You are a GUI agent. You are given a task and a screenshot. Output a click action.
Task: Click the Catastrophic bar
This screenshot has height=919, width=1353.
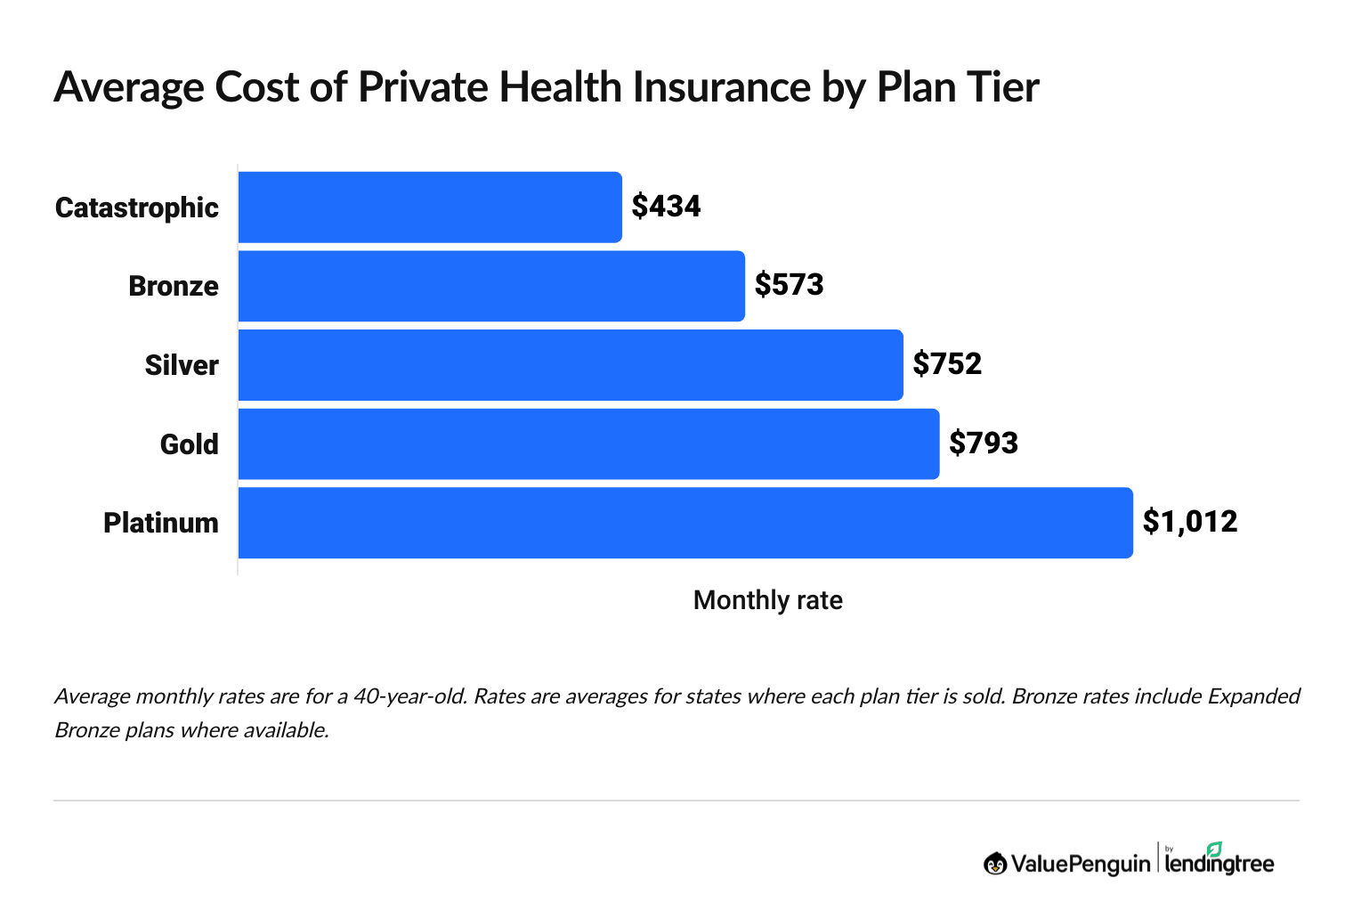point(430,207)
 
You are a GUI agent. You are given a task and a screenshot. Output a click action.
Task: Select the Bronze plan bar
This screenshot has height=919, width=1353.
point(491,286)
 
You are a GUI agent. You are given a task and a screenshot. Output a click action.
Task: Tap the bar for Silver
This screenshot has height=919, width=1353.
point(571,365)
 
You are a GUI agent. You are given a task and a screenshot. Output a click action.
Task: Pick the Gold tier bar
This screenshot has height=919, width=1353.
point(588,443)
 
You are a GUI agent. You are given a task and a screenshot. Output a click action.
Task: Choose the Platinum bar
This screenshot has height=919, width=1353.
point(685,523)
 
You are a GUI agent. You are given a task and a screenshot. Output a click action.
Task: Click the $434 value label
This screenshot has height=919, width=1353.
point(666,207)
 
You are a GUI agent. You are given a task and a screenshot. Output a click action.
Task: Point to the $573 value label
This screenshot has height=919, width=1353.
point(789,285)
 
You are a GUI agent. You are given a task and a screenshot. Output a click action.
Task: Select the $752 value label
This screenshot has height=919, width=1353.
point(947,364)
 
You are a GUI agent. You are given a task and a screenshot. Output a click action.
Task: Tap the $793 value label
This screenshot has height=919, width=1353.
point(984,443)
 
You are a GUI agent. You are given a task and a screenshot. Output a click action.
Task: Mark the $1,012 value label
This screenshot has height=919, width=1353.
point(1190,522)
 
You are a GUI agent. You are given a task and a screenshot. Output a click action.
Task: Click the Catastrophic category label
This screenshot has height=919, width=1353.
point(137,207)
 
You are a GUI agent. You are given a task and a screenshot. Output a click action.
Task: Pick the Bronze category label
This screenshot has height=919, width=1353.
point(174,286)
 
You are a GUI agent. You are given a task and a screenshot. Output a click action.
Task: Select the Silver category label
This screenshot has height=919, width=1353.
point(182,365)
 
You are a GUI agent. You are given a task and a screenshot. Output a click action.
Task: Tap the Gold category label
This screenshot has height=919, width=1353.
point(189,444)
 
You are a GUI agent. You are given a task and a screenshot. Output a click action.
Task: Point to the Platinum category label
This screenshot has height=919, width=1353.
point(161,523)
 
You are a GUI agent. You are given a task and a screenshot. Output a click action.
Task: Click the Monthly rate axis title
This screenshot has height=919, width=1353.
point(767,600)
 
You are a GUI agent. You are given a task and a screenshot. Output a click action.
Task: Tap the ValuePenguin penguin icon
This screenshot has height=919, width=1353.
point(995,863)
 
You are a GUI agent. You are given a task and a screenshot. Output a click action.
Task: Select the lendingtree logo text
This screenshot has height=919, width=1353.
point(1219,863)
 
